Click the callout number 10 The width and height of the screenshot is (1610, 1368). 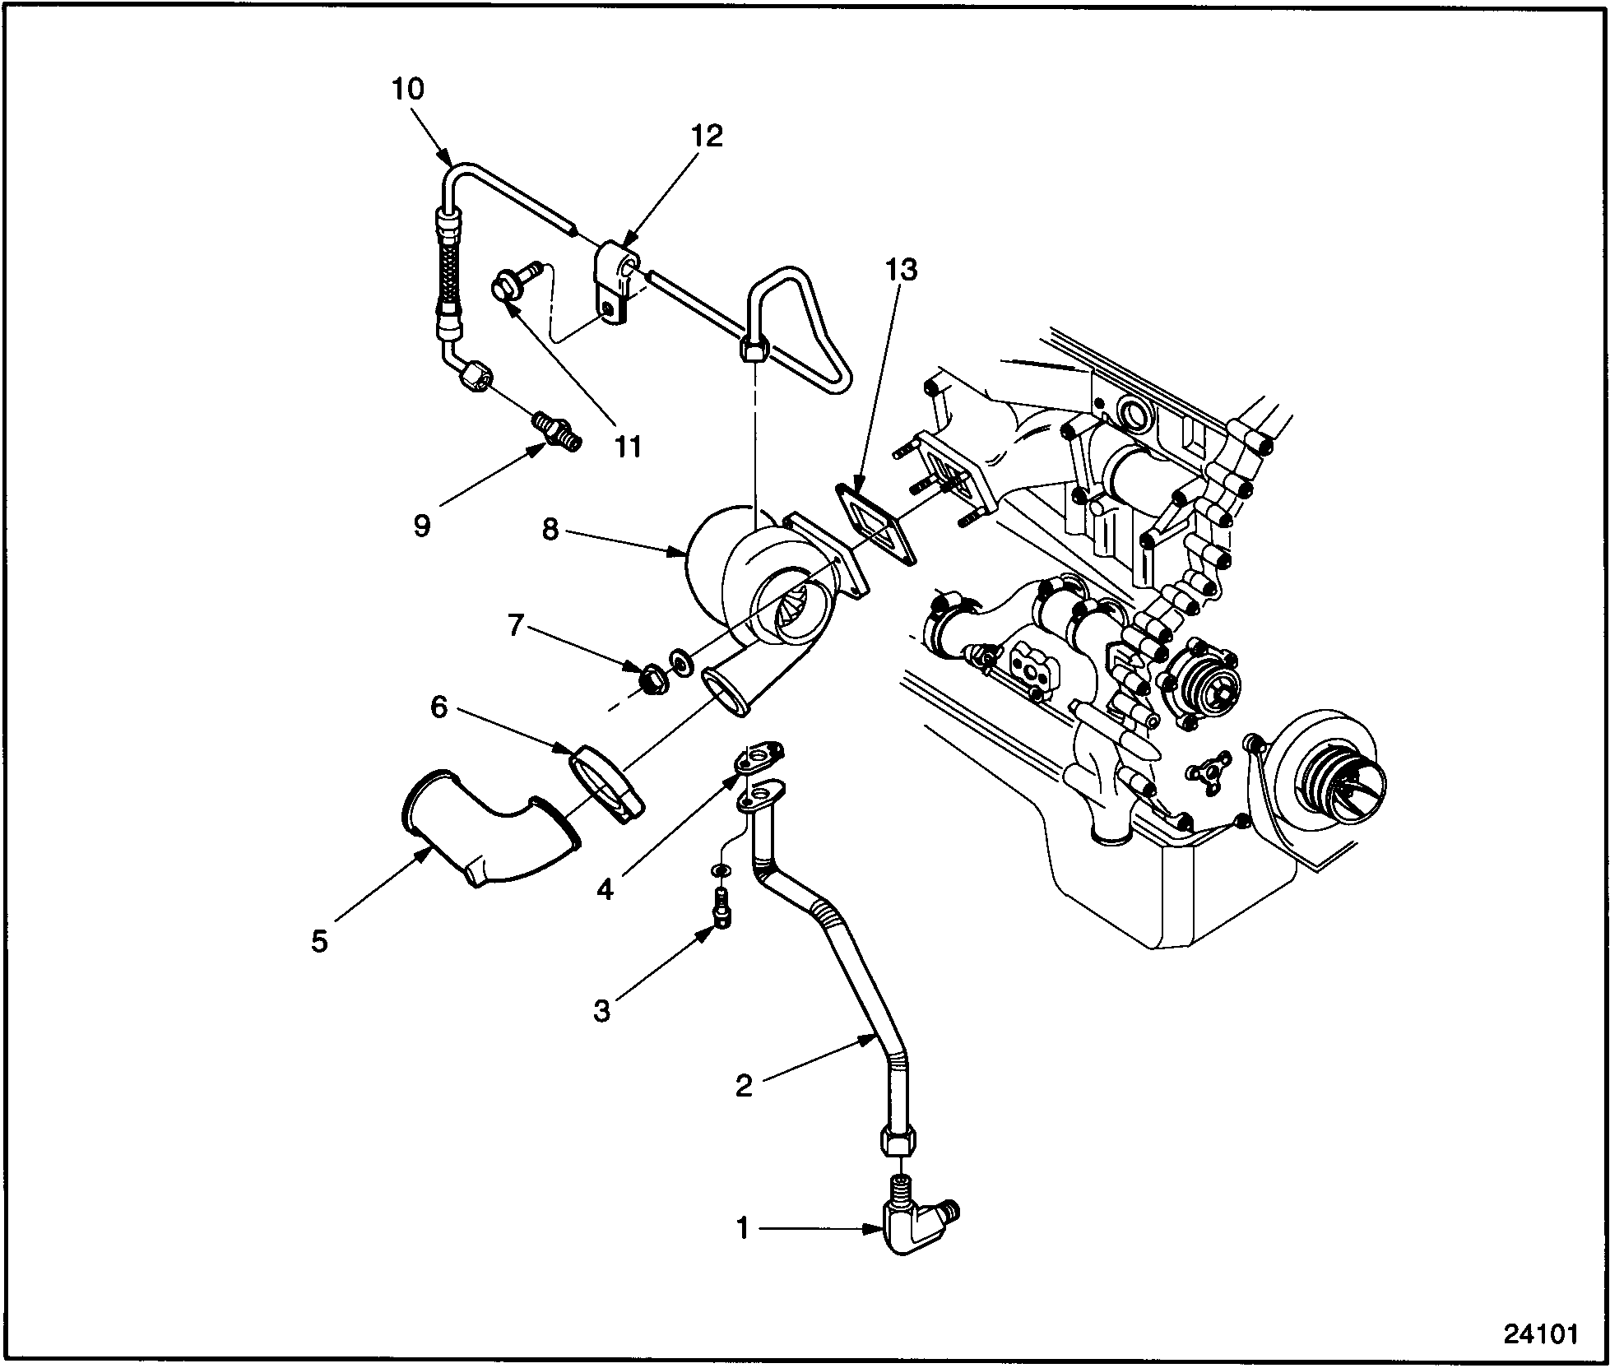click(x=407, y=90)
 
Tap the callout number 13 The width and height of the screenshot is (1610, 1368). click(x=902, y=270)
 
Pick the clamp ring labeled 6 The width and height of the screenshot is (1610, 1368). click(x=607, y=783)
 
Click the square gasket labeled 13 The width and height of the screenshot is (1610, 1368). click(x=877, y=523)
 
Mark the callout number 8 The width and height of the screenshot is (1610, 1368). click(x=551, y=529)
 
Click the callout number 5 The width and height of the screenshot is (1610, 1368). click(x=319, y=941)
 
